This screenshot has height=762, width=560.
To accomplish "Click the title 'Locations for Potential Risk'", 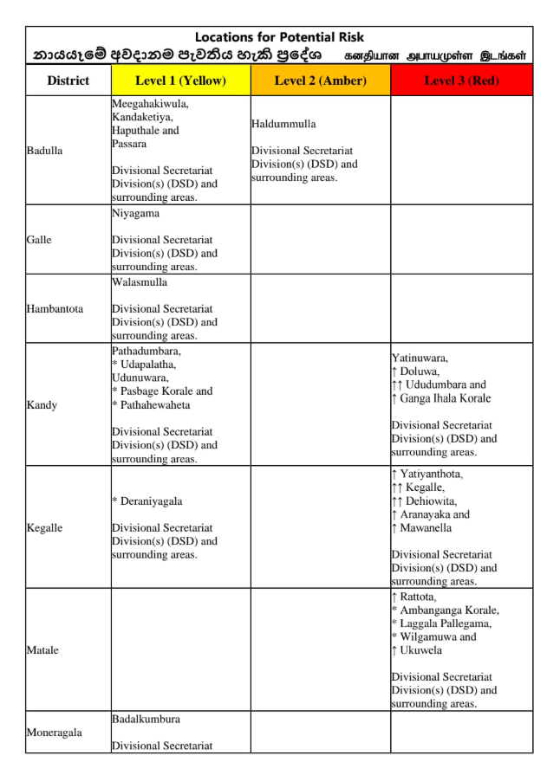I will (x=279, y=37).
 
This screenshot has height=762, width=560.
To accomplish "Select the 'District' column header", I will (x=68, y=81).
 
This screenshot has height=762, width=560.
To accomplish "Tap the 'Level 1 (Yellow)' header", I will (x=180, y=81).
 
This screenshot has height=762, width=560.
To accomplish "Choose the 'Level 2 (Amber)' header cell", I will (x=320, y=81).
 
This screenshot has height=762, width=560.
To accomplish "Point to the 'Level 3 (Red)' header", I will (x=460, y=81).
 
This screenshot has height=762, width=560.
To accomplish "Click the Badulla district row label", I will (x=44, y=151).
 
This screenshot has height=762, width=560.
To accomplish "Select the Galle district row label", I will (x=39, y=240).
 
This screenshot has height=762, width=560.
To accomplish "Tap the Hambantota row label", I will (x=55, y=309).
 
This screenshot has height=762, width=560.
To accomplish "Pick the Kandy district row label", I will (x=41, y=405).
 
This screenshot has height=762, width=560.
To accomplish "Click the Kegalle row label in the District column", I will (x=44, y=528).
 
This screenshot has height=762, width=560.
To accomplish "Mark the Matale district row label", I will (x=42, y=650).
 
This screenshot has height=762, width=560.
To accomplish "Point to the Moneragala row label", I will (x=54, y=733).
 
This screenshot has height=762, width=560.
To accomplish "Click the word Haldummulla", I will (x=283, y=124).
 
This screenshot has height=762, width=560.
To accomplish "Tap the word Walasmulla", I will (x=140, y=282).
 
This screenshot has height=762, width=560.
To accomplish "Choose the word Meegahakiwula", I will (x=150, y=104).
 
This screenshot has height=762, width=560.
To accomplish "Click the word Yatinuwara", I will (x=420, y=358).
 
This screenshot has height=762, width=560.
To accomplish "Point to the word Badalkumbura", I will (x=146, y=720).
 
